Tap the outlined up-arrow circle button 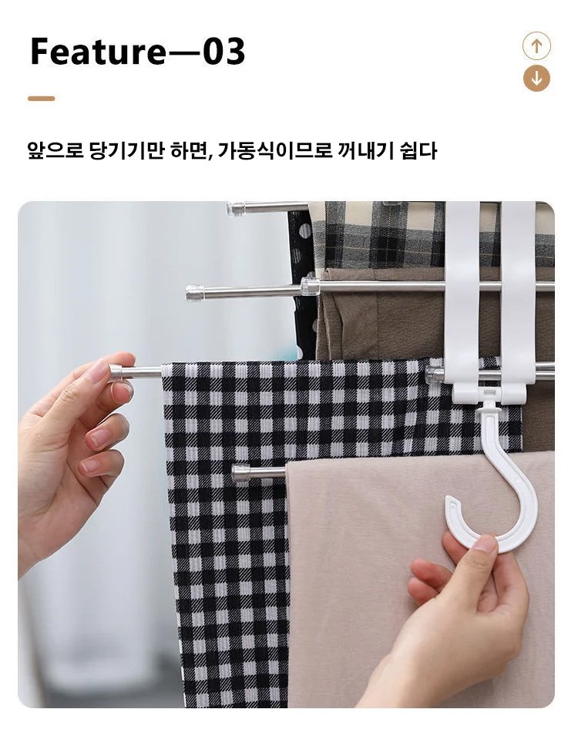[x=536, y=45]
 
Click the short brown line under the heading [x=42, y=99]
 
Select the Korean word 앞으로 [x=55, y=151]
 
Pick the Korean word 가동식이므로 [x=275, y=151]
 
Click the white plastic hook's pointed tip [x=449, y=499]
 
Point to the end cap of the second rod [x=195, y=292]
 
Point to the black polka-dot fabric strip [x=299, y=287]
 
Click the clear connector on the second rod [x=311, y=287]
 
